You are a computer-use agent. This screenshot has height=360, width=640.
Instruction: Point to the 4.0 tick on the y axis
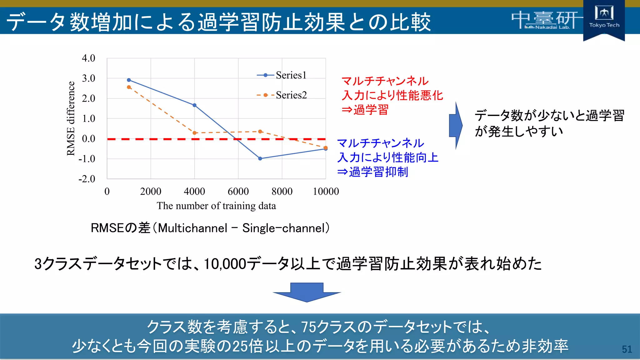click(x=88, y=58)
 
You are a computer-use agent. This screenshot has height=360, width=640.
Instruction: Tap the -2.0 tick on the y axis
click(x=87, y=179)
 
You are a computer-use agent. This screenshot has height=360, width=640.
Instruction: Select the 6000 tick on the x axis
click(x=238, y=191)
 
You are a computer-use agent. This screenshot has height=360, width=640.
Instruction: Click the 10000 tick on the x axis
click(x=326, y=191)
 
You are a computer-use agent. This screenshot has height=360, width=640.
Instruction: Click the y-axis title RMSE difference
click(x=71, y=118)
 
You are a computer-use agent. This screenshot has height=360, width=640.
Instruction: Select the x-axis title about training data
click(x=216, y=206)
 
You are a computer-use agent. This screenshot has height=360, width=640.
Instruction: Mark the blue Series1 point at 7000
click(x=260, y=158)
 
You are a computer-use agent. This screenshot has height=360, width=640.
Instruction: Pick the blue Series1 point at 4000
click(x=194, y=105)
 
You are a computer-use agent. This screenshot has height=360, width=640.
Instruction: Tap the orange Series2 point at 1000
click(x=129, y=87)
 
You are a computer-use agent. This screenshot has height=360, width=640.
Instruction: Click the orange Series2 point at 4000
click(x=194, y=133)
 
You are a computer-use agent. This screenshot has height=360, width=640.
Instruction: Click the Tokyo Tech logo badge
click(x=604, y=19)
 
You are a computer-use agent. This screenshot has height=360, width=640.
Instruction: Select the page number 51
click(x=627, y=349)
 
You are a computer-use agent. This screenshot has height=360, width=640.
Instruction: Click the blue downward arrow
click(x=307, y=292)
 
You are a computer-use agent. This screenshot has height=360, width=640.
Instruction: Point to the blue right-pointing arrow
click(x=456, y=125)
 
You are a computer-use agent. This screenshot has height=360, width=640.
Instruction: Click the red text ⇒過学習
click(x=365, y=110)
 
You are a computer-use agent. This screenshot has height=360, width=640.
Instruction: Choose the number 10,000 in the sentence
click(x=225, y=264)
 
